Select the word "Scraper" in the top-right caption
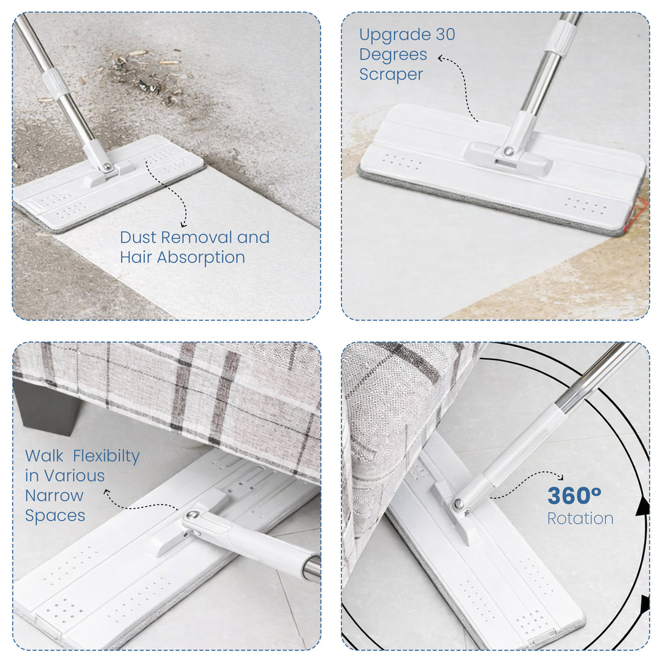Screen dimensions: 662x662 [391, 75]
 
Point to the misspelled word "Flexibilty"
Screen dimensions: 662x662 [106, 457]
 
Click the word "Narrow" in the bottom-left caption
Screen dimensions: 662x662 [55, 496]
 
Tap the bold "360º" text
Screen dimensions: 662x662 [574, 496]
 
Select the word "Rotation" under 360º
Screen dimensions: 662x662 [580, 519]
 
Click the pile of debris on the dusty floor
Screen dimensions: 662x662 [147, 77]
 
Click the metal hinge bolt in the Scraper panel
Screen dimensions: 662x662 [508, 151]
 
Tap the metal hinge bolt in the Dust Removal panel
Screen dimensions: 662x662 [107, 167]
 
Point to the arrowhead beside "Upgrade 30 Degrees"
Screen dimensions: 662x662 [441, 58]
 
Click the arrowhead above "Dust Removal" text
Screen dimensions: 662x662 [183, 224]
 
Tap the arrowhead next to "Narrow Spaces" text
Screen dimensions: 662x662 [107, 492]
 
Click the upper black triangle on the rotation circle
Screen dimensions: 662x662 [642, 506]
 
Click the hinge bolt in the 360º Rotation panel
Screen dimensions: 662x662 [458, 505]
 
